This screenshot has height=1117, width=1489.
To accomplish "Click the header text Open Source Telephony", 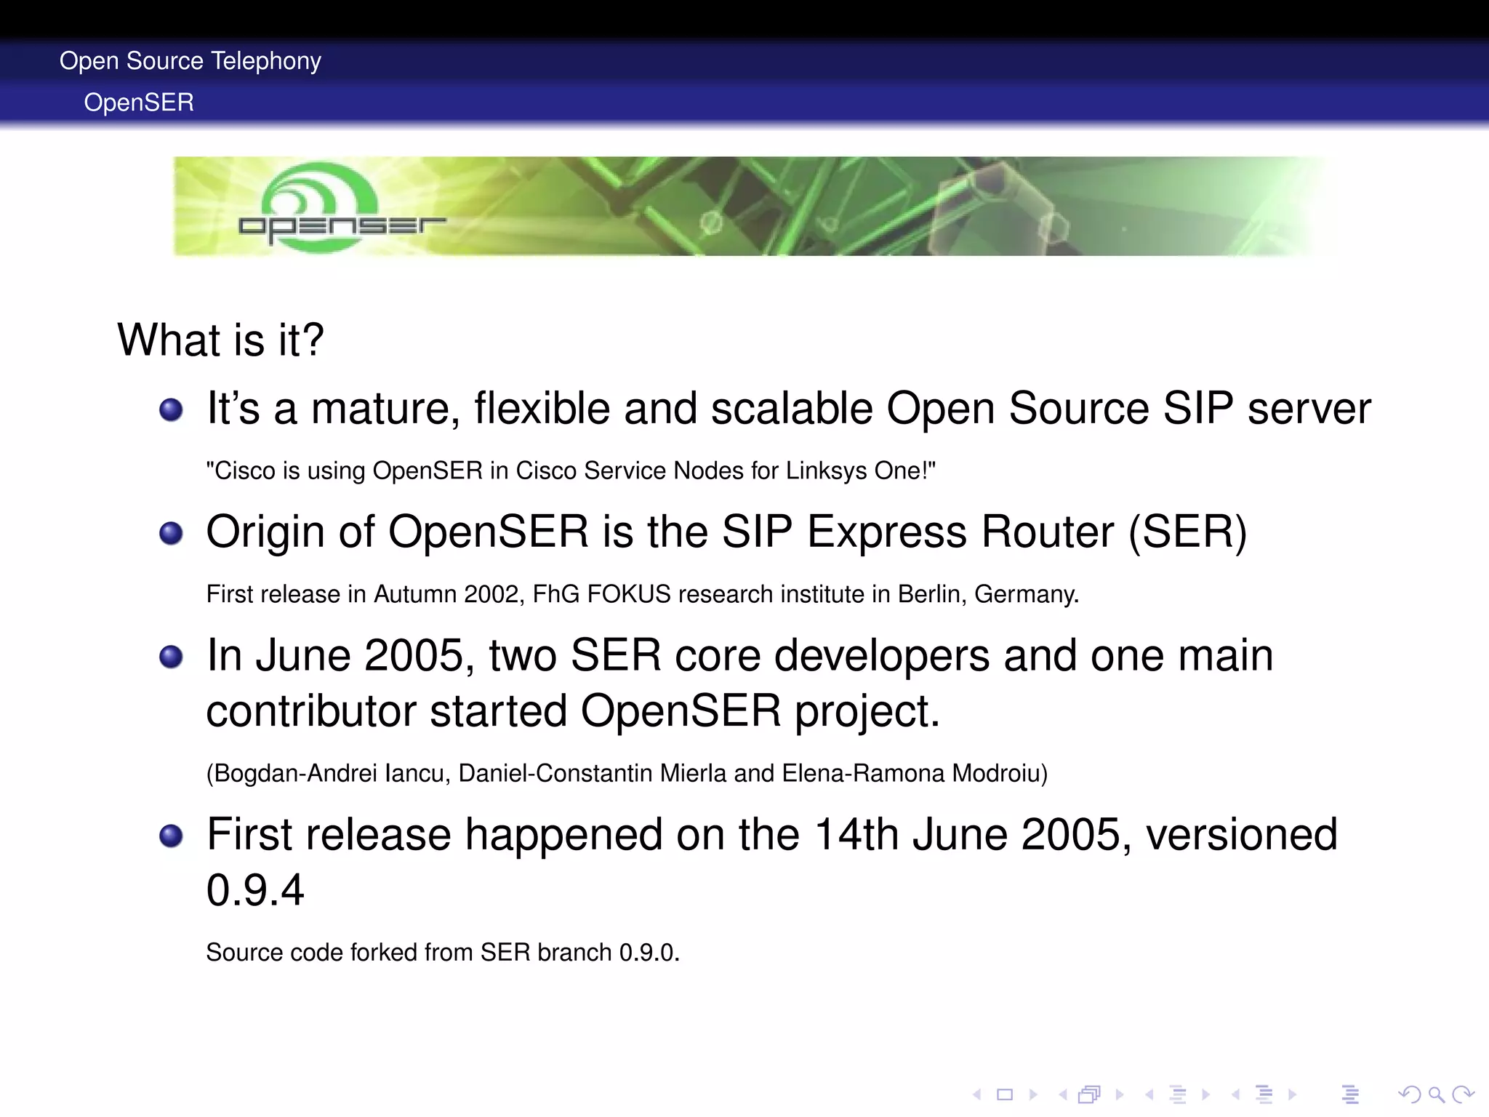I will coord(190,61).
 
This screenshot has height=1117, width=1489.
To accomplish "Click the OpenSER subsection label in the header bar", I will coord(139,103).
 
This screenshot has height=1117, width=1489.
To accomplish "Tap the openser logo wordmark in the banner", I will coord(342,227).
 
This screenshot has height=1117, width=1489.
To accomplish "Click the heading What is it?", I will coord(220,340).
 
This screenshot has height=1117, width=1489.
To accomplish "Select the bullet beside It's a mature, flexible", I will coord(171,409).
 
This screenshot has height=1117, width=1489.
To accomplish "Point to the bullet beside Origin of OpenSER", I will coord(171,533).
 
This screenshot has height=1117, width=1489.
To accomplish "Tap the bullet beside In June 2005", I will coord(171,657).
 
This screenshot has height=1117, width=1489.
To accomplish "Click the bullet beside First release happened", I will coord(171,836).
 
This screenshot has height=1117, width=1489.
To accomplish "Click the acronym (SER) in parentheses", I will coord(1187,532).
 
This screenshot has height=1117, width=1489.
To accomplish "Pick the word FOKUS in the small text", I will coord(628,595).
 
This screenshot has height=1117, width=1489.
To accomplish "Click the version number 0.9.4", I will coord(255,890).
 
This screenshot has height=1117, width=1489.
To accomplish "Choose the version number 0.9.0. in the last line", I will coord(649,953).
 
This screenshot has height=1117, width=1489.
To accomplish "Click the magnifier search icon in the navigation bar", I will coord(1436,1094).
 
